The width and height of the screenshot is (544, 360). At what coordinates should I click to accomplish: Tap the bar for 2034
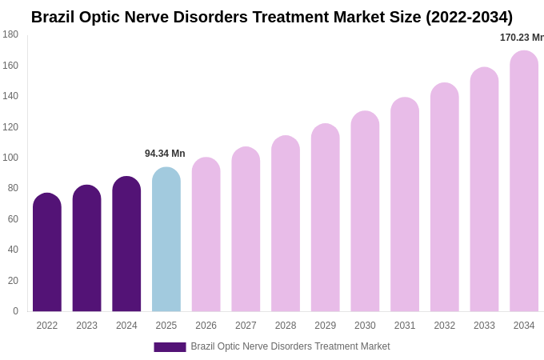524,182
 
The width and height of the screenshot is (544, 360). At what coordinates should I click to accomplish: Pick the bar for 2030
365,212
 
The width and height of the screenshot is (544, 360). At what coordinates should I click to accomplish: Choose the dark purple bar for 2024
126,245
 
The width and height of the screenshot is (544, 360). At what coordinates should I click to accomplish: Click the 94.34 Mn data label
165,154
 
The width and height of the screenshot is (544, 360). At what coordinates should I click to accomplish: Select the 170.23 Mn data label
521,38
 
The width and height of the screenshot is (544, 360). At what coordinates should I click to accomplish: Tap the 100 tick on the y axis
10,158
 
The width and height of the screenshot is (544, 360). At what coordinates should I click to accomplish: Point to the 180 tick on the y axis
10,34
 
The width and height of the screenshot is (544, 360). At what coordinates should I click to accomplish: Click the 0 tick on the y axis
15,311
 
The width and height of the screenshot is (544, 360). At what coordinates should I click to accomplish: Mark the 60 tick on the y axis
13,219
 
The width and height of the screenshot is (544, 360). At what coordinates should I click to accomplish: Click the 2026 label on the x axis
206,326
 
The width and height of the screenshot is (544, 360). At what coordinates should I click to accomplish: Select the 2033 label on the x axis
484,326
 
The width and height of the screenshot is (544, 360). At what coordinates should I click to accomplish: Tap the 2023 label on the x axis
87,326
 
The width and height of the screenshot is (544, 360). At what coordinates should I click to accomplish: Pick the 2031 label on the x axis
405,326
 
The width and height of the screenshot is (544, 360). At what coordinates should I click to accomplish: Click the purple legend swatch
170,347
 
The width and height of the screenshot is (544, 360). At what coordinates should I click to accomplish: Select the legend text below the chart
290,346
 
